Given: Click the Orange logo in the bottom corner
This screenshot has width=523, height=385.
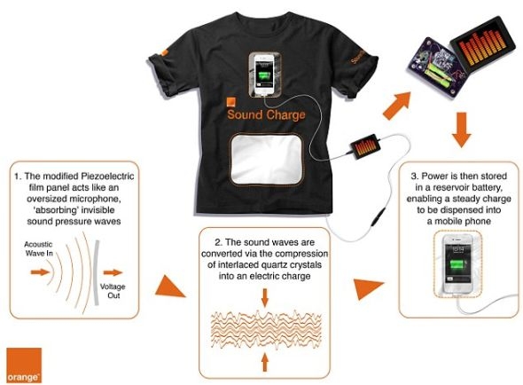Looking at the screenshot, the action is point(24,365).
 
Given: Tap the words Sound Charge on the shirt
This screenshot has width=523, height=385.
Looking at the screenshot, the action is point(266,114).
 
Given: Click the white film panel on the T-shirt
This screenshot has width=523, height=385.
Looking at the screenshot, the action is point(266,159).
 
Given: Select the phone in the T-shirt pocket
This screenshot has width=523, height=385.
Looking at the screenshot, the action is point(264,75).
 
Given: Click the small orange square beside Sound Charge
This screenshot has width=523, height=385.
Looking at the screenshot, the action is point(231,103).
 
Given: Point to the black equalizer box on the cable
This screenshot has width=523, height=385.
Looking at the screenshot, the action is point(365,145).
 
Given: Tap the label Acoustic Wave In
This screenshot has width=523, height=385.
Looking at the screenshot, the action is point(39,248).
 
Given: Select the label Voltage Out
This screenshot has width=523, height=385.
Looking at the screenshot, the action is point(113,291).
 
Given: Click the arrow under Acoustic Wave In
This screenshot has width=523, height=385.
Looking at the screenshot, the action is point(40,272).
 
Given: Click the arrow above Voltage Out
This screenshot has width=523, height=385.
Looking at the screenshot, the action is point(113,272).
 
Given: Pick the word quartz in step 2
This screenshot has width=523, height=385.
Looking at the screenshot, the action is point(272,264).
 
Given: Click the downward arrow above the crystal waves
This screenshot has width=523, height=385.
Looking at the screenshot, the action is point(265,298).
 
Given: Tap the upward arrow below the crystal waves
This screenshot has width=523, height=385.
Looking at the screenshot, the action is point(265,362).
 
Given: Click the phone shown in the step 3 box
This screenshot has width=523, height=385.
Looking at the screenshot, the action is point(458,263).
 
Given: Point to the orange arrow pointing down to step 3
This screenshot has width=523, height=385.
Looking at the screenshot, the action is point(461,130).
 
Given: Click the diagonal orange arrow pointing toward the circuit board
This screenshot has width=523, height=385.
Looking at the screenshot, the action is point(397,106).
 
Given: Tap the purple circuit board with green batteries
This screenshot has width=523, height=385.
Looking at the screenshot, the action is point(435,67).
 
